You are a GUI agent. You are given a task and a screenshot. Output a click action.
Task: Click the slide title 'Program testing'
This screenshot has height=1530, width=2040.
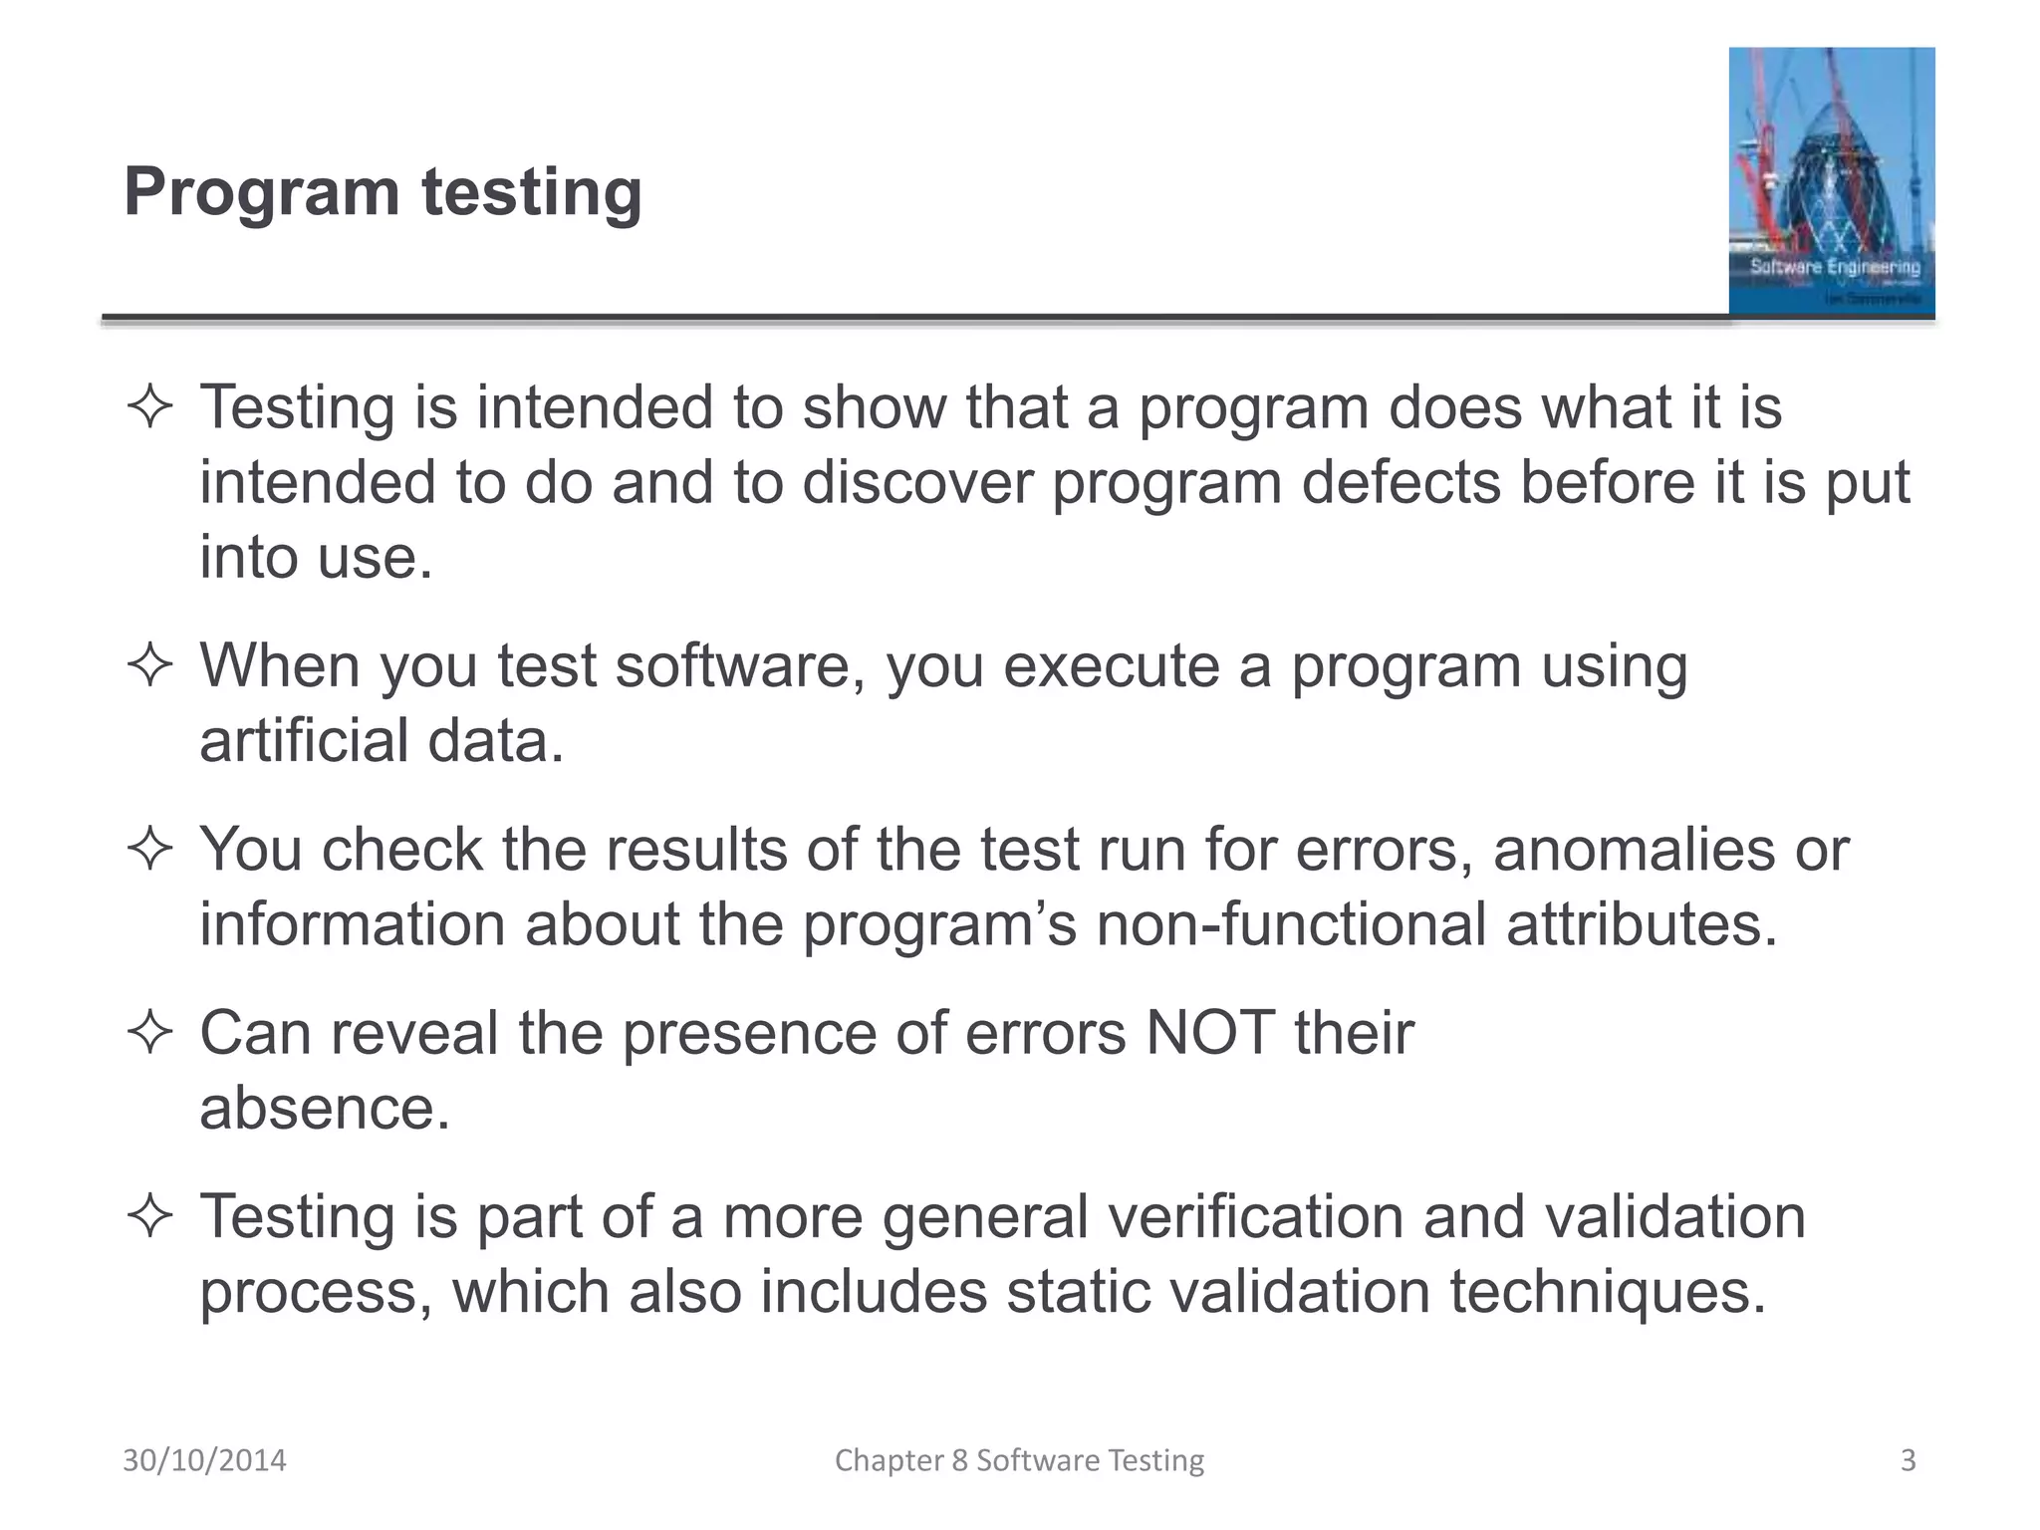click(382, 191)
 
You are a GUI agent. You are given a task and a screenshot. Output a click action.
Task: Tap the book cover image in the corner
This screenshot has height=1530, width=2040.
click(1831, 181)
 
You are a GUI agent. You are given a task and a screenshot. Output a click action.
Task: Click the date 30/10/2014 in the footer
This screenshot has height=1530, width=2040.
click(204, 1460)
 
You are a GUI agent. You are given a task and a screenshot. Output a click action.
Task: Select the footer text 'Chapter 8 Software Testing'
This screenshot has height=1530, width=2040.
click(1019, 1460)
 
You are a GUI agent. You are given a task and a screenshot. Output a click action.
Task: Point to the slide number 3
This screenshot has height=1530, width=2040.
click(1908, 1460)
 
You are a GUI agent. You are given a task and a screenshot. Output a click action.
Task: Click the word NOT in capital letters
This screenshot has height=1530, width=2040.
click(1210, 1033)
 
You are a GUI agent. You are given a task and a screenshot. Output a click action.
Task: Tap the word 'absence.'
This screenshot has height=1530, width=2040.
click(325, 1108)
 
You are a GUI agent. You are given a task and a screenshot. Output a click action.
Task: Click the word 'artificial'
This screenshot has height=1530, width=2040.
click(304, 741)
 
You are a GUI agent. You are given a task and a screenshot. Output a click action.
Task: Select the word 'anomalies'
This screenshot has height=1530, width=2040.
click(1634, 850)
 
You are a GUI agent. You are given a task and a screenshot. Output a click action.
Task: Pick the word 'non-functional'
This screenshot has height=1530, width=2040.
click(1290, 924)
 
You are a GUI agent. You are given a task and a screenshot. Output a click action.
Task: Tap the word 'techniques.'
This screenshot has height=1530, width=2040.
click(1607, 1292)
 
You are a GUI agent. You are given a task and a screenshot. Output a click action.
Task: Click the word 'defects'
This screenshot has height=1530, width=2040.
click(1401, 483)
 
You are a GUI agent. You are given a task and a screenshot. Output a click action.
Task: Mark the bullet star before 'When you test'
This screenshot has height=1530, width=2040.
click(150, 665)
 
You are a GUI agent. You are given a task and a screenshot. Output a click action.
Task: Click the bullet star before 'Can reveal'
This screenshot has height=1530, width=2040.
click(150, 1032)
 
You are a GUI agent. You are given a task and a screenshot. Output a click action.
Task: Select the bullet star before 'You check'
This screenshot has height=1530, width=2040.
click(150, 850)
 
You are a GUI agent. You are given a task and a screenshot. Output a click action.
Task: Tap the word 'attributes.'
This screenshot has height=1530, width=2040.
click(1642, 924)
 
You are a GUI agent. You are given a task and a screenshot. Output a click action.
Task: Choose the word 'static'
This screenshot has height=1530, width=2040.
click(1077, 1292)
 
